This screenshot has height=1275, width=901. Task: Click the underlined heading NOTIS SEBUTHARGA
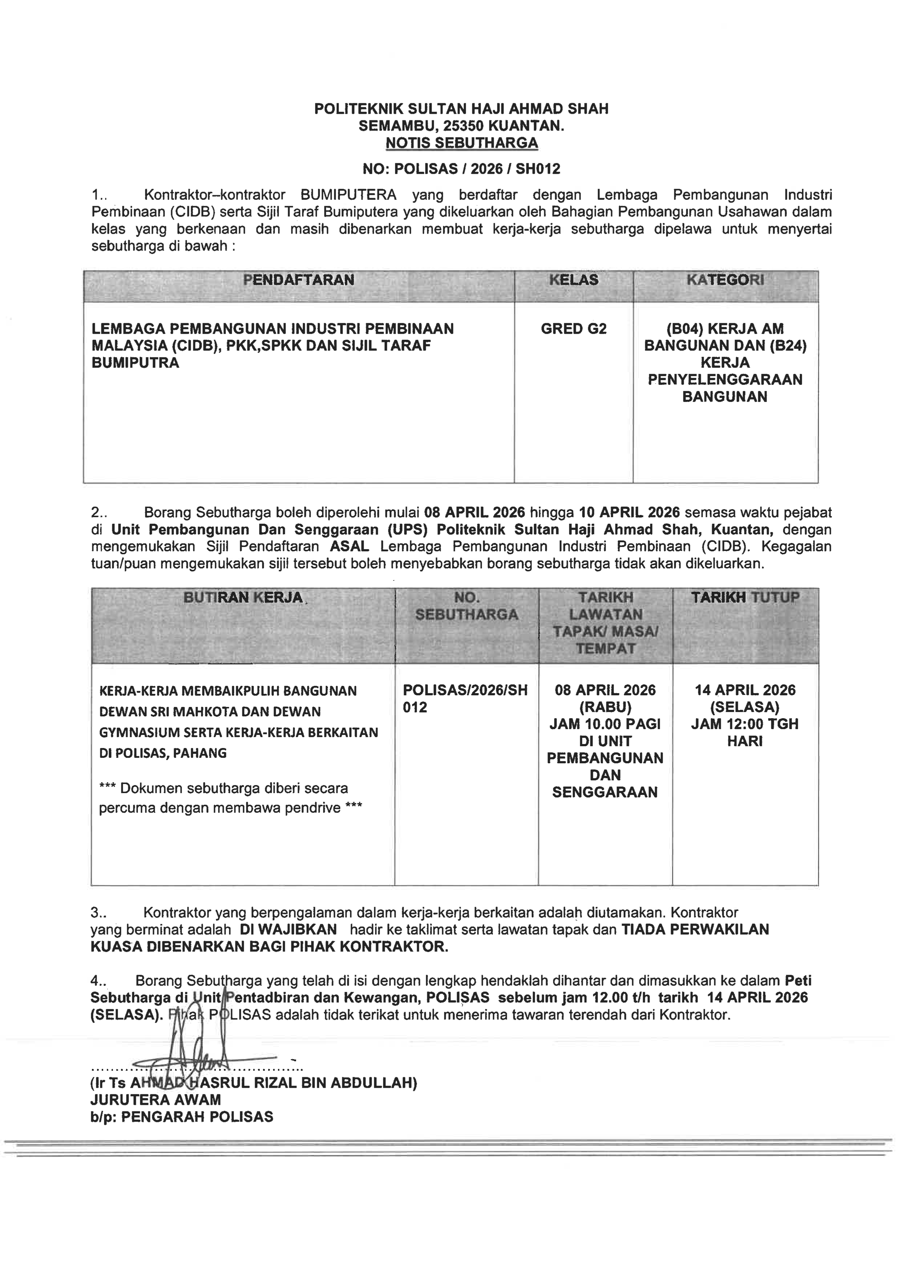click(x=461, y=143)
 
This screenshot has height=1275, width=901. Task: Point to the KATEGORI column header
click(x=725, y=280)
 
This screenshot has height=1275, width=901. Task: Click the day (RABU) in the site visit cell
click(x=605, y=707)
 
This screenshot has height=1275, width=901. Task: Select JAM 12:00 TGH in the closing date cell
click(x=745, y=724)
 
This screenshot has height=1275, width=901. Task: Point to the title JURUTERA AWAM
click(x=155, y=1100)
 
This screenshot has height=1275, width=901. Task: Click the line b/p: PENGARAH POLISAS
click(x=182, y=1117)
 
